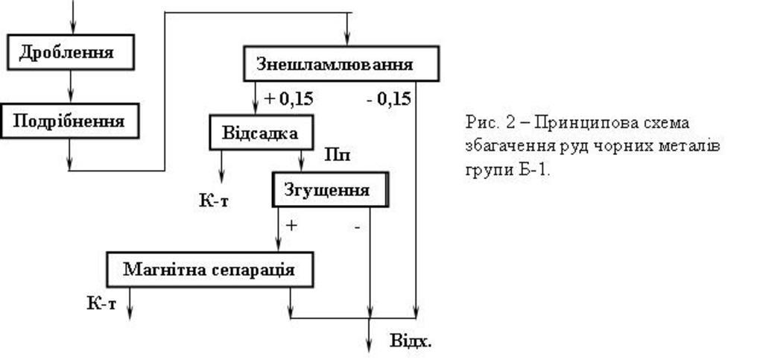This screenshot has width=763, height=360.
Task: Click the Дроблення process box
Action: (x=70, y=53)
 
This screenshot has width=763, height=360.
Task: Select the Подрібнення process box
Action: (x=70, y=121)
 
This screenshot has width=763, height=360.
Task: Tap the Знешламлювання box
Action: (x=341, y=64)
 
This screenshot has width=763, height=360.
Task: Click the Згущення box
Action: (x=330, y=189)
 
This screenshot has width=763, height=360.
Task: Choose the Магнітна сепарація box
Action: (x=209, y=269)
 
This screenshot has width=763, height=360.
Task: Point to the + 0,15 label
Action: (x=288, y=98)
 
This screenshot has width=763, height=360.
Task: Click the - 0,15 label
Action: (x=388, y=98)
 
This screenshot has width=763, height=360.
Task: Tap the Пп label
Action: (x=338, y=156)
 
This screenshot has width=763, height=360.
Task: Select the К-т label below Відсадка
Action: (x=214, y=200)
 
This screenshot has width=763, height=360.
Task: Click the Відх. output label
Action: (x=411, y=342)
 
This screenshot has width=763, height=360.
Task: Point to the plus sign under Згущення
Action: (x=291, y=224)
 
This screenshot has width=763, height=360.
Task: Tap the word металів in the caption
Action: (x=693, y=145)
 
